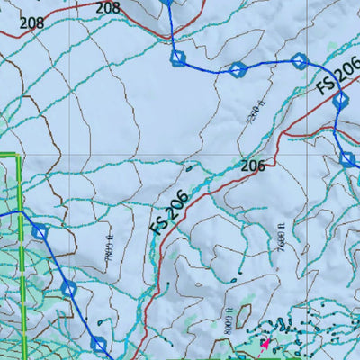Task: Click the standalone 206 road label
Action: [x=253, y=166]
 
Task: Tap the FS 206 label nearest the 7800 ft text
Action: [x=169, y=212]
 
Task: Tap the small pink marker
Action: [x=265, y=343]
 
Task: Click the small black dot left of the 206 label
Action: [x=189, y=167]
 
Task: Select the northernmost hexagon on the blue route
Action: [x=166, y=2]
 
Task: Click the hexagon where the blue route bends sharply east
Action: [x=178, y=58]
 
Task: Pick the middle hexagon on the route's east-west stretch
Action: [x=238, y=70]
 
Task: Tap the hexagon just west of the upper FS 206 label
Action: [x=300, y=61]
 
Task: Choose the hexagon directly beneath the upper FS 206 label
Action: [x=340, y=101]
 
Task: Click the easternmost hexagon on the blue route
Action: [x=347, y=160]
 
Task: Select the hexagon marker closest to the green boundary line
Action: [x=40, y=232]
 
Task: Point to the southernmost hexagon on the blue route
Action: [x=99, y=344]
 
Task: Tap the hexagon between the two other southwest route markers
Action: [x=69, y=288]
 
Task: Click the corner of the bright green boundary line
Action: [x=20, y=156]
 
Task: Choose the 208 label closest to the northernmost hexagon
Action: [x=107, y=7]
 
